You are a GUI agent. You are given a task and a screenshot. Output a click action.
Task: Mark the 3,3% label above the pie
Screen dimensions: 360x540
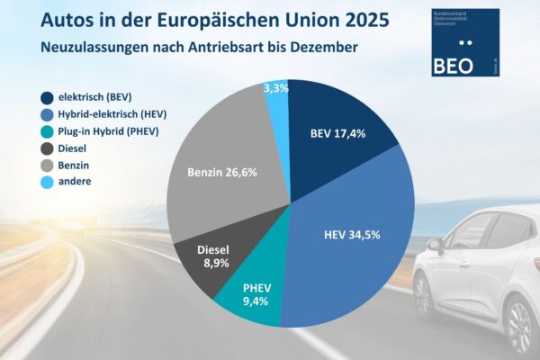point(277,87)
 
